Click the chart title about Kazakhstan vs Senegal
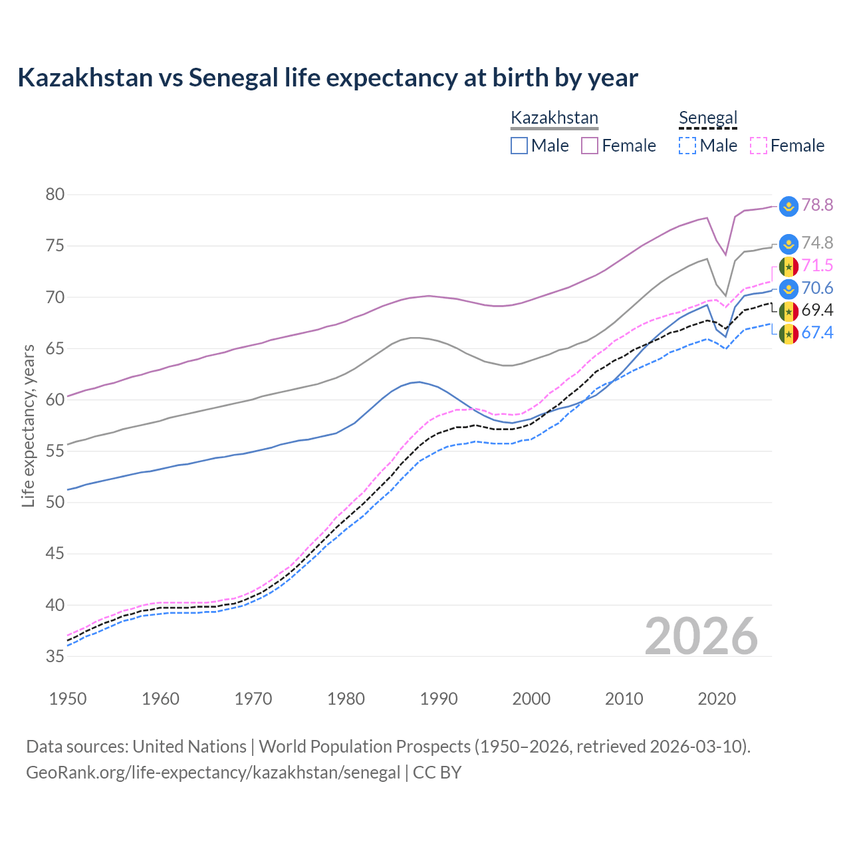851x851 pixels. pyautogui.click(x=328, y=78)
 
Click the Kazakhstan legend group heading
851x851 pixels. pyautogui.click(x=554, y=118)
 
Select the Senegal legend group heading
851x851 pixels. pyautogui.click(x=707, y=118)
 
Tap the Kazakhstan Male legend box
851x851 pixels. pyautogui.click(x=519, y=146)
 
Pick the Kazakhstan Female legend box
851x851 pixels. pyautogui.click(x=590, y=146)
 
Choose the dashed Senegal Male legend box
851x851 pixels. pyautogui.click(x=687, y=146)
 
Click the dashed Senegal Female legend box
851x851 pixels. pyautogui.click(x=758, y=146)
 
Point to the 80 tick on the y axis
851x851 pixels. pyautogui.click(x=55, y=195)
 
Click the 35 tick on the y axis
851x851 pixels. pyautogui.click(x=55, y=656)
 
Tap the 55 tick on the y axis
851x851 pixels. pyautogui.click(x=55, y=451)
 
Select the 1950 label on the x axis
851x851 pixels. pyautogui.click(x=68, y=699)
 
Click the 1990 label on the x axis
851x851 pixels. pyautogui.click(x=439, y=699)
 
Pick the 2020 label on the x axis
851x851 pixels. pyautogui.click(x=717, y=699)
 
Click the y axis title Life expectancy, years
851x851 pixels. pyautogui.click(x=28, y=425)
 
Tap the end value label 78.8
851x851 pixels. pyautogui.click(x=817, y=205)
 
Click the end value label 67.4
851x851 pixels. pyautogui.click(x=817, y=333)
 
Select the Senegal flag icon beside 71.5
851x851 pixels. pyautogui.click(x=789, y=267)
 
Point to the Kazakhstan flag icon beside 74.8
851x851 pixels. pyautogui.click(x=789, y=243)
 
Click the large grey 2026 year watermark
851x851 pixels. pyautogui.click(x=701, y=636)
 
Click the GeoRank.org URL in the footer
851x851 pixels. pyautogui.click(x=213, y=773)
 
